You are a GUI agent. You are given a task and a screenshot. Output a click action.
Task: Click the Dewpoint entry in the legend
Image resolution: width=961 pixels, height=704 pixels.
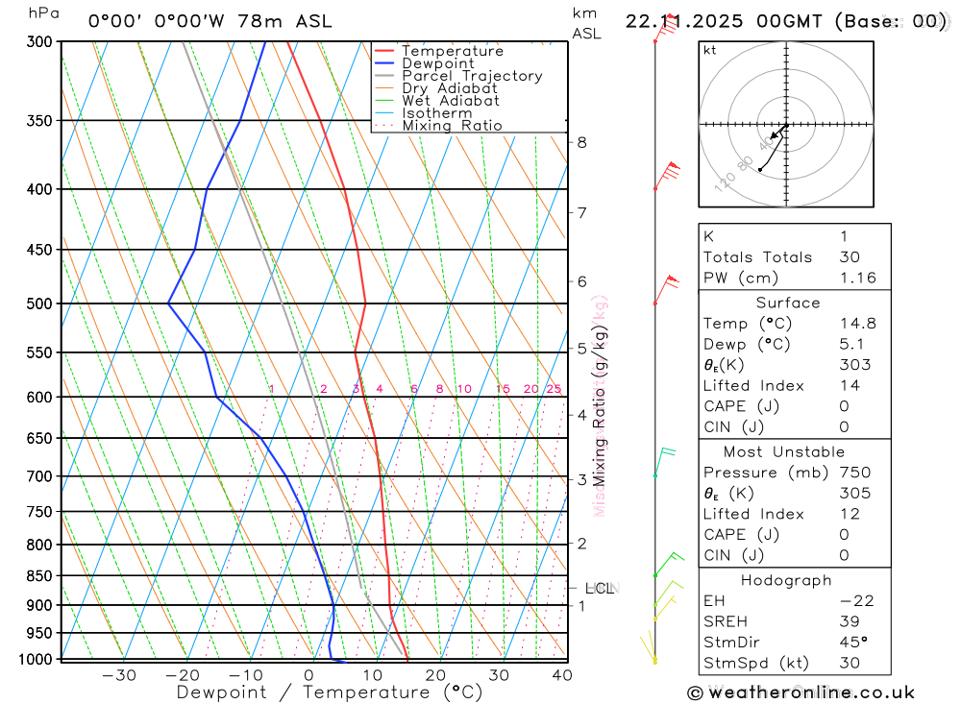click(x=437, y=63)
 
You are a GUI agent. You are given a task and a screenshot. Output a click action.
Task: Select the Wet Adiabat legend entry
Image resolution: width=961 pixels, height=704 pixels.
click(x=450, y=101)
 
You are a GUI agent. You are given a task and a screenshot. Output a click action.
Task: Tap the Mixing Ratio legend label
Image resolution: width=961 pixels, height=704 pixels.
click(x=452, y=126)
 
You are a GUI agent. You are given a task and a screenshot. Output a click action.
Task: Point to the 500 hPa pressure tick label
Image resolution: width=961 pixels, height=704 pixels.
click(x=38, y=303)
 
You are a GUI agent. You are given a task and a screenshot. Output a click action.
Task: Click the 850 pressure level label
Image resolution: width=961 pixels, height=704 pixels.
click(x=38, y=576)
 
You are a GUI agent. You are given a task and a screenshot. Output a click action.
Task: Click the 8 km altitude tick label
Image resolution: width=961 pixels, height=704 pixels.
click(x=581, y=142)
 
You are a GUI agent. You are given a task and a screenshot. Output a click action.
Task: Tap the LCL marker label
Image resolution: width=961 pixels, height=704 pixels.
click(x=599, y=588)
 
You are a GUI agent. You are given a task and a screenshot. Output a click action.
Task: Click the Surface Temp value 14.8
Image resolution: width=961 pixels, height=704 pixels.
click(x=857, y=324)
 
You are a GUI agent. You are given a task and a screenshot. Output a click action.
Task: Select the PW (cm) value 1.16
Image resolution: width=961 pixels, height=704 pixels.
click(x=857, y=278)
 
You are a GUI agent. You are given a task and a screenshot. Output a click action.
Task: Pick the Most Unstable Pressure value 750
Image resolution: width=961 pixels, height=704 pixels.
click(x=854, y=473)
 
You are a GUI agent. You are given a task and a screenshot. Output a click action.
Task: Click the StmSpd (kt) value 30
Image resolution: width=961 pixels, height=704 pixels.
click(x=850, y=663)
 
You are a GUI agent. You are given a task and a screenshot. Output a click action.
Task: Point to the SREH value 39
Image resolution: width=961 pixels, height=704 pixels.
click(x=850, y=621)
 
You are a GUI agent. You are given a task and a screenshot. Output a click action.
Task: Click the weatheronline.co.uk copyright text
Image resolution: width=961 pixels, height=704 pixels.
click(x=801, y=692)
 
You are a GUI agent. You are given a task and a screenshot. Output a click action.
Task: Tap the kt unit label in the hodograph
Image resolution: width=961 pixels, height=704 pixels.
click(x=710, y=50)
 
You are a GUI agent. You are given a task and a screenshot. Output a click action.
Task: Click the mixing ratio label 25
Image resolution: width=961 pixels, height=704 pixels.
click(x=554, y=389)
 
